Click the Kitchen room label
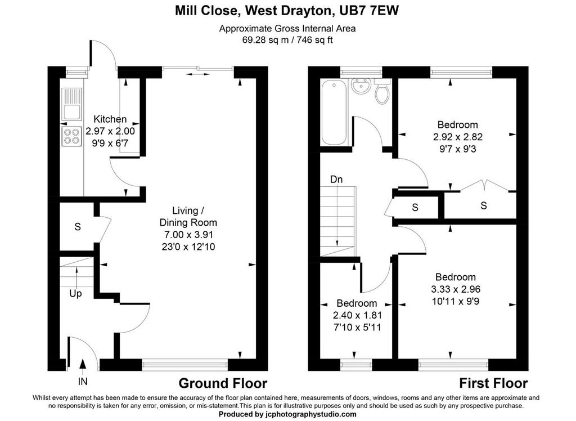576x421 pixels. (110, 119)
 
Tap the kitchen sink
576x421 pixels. (71, 104)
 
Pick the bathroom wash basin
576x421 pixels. (361, 87)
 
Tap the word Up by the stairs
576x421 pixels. (75, 293)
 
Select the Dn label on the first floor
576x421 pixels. (336, 180)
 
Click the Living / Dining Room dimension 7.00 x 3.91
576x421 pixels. (188, 235)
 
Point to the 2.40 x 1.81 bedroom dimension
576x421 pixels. (357, 315)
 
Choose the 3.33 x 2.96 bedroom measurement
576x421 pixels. (456, 289)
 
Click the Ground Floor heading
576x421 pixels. (223, 383)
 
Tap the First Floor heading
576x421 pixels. (493, 383)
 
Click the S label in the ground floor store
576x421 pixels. (78, 227)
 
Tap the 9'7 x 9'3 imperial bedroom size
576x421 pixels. (457, 149)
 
